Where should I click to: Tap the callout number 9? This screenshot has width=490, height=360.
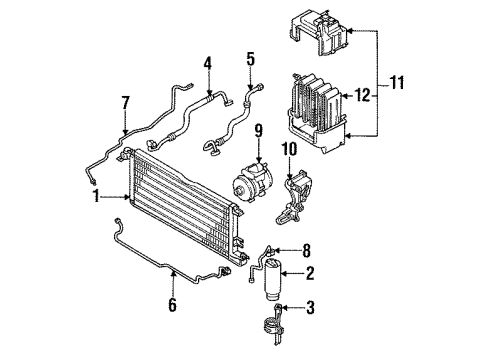point(257,129)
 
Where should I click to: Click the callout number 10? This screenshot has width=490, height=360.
point(291,150)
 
